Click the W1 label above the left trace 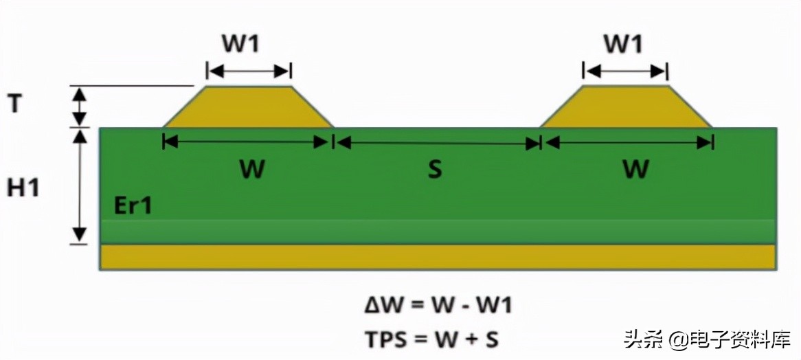click(240, 44)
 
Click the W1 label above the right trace click(623, 44)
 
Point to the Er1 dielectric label click(133, 205)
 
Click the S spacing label click(434, 169)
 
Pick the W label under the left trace click(252, 169)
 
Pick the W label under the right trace click(635, 169)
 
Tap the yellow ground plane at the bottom click(438, 256)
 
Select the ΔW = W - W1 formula click(438, 305)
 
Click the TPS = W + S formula click(431, 338)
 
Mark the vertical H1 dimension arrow click(81, 185)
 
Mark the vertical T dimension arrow click(81, 106)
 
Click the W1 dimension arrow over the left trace click(249, 71)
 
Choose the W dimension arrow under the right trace click(627, 142)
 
